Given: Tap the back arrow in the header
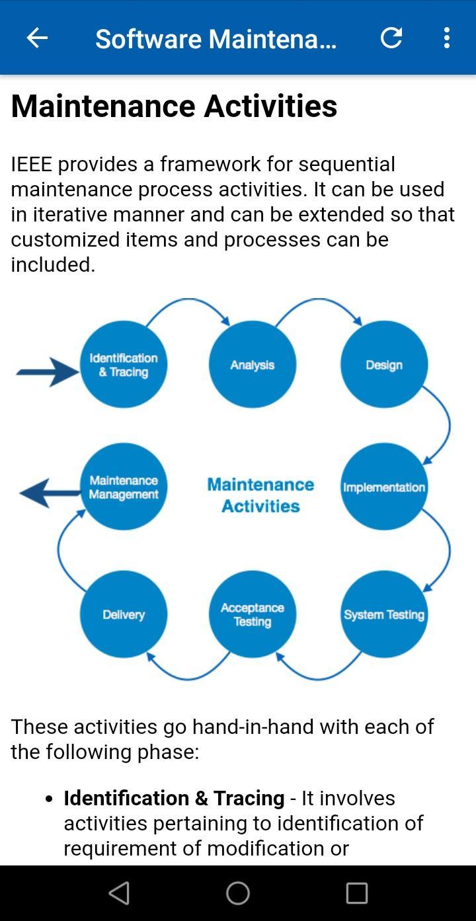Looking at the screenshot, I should [x=37, y=38].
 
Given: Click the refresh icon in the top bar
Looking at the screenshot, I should [x=391, y=38].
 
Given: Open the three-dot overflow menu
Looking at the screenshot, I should [x=447, y=38].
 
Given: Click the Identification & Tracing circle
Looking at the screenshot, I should [x=124, y=364].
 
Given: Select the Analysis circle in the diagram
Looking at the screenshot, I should [x=252, y=364].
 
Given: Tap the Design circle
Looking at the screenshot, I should [x=384, y=364].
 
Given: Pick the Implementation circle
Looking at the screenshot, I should [x=384, y=487].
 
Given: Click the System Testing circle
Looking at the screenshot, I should [x=384, y=614].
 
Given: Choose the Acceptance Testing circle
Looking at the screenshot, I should [x=252, y=614].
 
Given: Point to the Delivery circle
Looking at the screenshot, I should [x=124, y=614].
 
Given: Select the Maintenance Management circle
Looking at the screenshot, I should [x=124, y=487].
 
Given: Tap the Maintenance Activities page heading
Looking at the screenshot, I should [x=174, y=106].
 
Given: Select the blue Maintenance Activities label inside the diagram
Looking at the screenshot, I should [x=260, y=495].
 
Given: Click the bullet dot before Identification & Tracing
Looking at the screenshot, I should [x=49, y=799].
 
